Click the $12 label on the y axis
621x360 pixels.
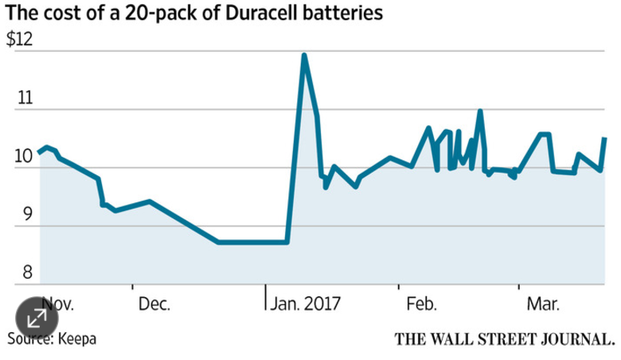tap(19, 40)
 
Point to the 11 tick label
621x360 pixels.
tap(25, 97)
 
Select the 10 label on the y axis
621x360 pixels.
tap(23, 156)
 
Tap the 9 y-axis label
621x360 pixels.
tap(27, 214)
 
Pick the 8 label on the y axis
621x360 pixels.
tap(27, 272)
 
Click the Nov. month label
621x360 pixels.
tap(58, 304)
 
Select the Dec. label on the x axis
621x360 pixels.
tap(154, 304)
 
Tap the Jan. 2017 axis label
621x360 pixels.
tap(305, 304)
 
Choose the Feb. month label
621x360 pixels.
tap(421, 304)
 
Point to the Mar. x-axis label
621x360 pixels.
tap(543, 304)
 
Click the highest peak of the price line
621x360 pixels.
tap(304, 54)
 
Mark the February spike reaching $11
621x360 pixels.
tap(480, 111)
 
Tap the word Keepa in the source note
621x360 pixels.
tap(77, 339)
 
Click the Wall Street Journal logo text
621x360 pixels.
tap(505, 339)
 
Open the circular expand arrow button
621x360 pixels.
tap(37, 318)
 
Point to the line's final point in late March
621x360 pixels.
tap(605, 139)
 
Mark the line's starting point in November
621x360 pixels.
tap(39, 152)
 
